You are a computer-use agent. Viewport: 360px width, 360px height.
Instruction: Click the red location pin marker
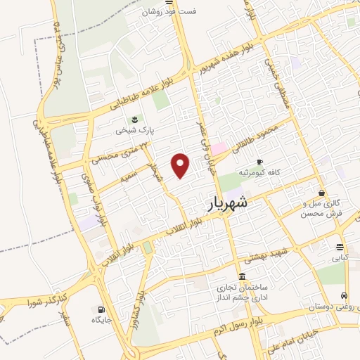(181, 165)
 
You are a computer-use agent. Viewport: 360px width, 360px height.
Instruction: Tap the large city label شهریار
(229, 204)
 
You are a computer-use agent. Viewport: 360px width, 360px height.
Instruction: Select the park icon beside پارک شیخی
(135, 120)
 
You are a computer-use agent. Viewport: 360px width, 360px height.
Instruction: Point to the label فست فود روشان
(172, 12)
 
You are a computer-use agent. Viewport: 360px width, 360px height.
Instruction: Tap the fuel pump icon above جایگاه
(102, 309)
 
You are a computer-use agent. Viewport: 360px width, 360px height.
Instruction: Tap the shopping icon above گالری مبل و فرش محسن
(321, 193)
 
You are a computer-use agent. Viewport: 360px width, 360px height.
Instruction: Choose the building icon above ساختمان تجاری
(242, 275)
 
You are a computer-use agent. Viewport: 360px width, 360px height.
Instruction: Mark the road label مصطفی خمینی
(275, 77)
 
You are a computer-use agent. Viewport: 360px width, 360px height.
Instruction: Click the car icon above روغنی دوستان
(343, 296)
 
